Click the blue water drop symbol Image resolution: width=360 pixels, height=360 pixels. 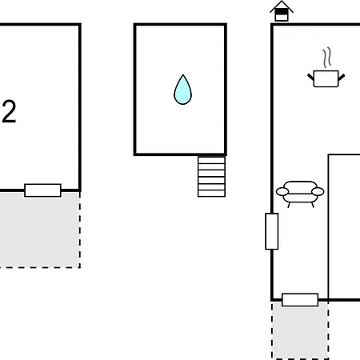[182, 90]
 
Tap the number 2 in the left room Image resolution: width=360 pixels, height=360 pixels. [9, 111]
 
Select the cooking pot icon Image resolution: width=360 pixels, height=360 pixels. [326, 78]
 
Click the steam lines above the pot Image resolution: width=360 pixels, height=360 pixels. [327, 58]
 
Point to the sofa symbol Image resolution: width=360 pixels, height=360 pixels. [300, 194]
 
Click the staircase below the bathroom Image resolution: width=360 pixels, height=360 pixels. [211, 177]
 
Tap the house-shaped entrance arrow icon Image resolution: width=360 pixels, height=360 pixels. [282, 11]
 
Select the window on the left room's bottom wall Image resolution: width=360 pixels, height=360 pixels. [42, 190]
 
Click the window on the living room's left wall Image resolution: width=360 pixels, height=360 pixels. [272, 231]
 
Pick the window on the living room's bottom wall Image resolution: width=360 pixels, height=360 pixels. [300, 300]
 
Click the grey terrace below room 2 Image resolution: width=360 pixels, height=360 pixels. [40, 230]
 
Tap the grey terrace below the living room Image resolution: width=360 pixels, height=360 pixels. [300, 330]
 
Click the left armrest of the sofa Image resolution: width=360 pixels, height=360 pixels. [282, 191]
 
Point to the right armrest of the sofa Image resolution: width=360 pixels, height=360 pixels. [318, 191]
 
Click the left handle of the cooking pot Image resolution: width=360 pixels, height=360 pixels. [310, 77]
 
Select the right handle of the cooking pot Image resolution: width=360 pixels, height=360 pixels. [342, 77]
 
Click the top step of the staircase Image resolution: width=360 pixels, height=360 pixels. [211, 160]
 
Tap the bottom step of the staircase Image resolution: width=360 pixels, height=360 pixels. [211, 194]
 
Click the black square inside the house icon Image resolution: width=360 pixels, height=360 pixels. [282, 12]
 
